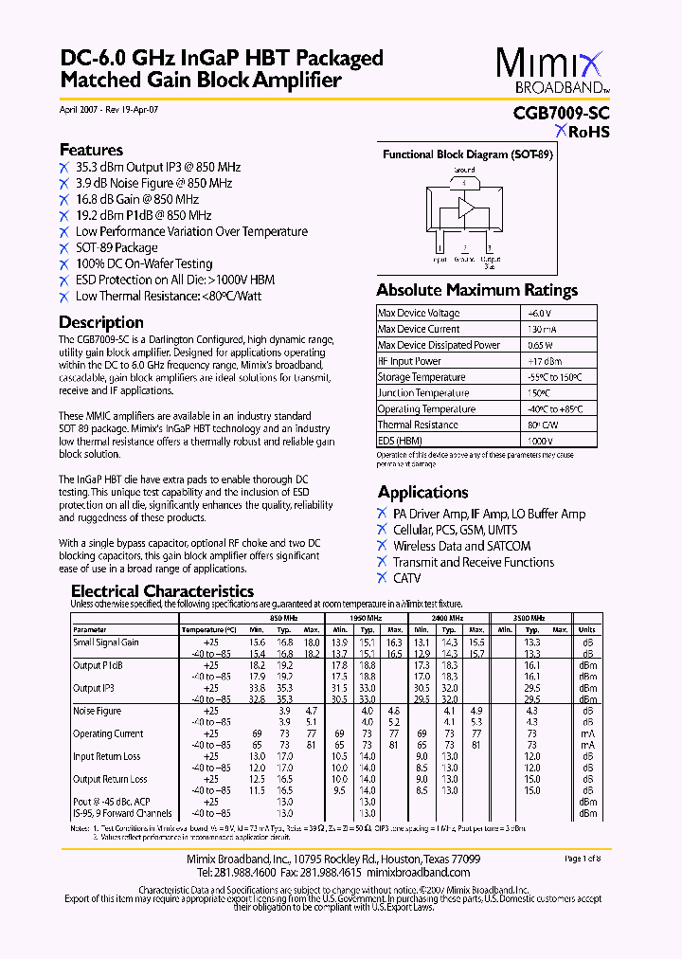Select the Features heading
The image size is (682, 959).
[91, 150]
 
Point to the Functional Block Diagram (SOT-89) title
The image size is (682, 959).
[467, 154]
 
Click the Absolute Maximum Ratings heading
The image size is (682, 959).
[476, 290]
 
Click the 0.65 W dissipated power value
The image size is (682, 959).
[539, 345]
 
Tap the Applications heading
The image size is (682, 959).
[423, 492]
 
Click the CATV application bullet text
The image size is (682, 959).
[407, 578]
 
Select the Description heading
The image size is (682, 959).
[101, 322]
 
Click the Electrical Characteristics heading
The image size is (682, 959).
[163, 591]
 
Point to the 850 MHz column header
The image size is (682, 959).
[284, 617]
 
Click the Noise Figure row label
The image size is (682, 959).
[98, 711]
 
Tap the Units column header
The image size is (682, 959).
[587, 629]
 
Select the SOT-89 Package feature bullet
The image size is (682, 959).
[117, 247]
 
